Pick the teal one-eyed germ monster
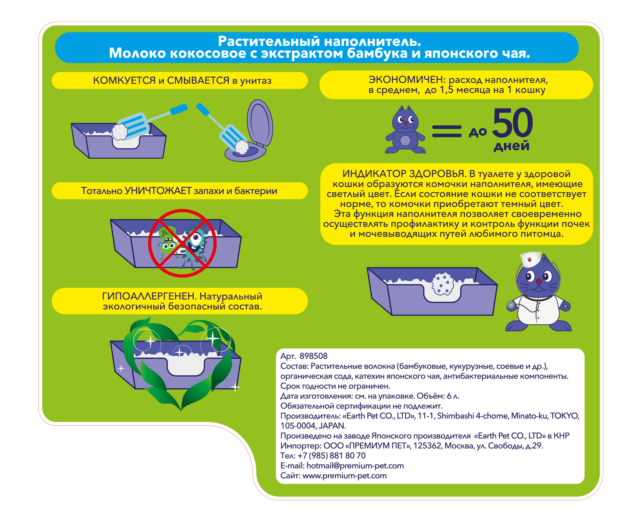(195, 243)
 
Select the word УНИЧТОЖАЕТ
(158, 191)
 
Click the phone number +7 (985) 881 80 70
(331, 456)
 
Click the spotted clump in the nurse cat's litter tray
(443, 284)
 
